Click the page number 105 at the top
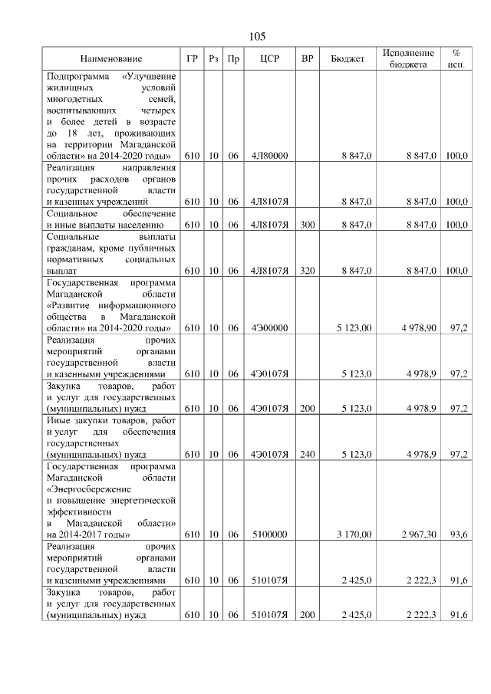click(257, 37)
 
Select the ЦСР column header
click(269, 59)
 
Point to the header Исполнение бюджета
click(407, 59)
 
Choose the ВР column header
click(308, 59)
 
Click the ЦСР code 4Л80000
click(269, 156)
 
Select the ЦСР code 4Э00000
click(269, 328)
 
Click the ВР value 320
click(308, 271)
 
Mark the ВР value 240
click(308, 455)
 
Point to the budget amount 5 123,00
click(353, 328)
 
